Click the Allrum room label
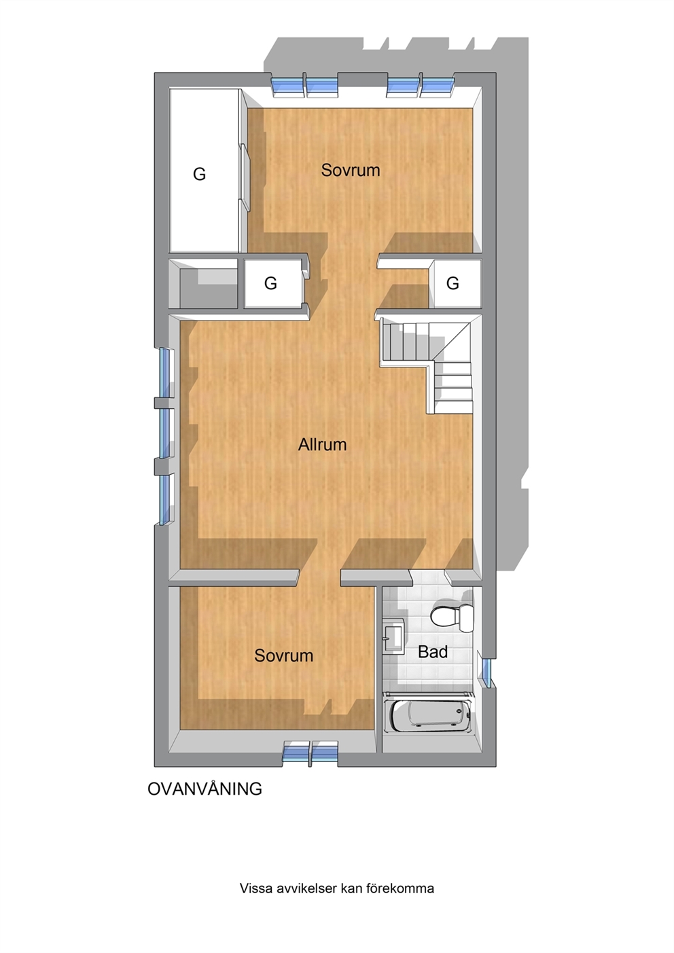pos(322,445)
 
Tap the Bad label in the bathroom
pos(433,652)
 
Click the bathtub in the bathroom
pos(428,713)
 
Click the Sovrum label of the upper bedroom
pos(350,170)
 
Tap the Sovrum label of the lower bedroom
pos(283,655)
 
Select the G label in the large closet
pos(199,174)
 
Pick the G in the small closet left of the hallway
pos(270,283)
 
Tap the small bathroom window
pos(486,673)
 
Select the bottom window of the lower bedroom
pos(311,752)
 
